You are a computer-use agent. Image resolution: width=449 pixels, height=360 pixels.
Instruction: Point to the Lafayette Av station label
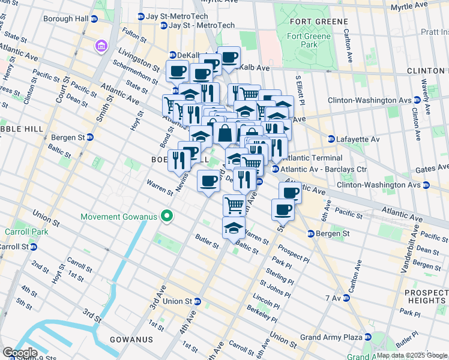click(358, 139)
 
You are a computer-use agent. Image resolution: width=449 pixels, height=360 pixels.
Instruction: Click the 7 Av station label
click(333, 298)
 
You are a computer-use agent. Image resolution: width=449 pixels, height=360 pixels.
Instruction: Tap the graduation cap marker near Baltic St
click(234, 229)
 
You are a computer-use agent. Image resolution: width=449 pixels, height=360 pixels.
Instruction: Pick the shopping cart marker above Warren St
click(234, 205)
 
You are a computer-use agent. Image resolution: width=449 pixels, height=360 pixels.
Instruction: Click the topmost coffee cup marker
click(229, 58)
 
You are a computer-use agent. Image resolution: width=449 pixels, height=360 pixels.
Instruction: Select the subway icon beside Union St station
click(197, 301)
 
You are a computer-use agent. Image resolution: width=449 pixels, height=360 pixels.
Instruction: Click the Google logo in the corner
click(20, 352)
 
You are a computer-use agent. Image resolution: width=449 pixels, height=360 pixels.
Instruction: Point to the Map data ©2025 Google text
click(411, 355)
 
